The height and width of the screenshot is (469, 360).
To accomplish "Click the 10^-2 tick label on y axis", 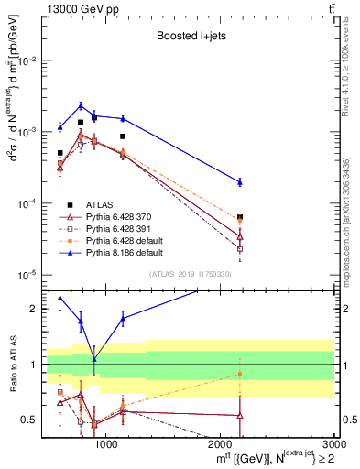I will pyautogui.click(x=27, y=60).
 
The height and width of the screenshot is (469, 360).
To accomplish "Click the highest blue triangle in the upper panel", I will pyautogui.click(x=81, y=105).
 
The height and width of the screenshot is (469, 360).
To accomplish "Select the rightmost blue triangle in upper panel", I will pyautogui.click(x=240, y=181).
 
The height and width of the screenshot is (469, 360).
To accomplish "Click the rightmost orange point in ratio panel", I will pyautogui.click(x=240, y=373).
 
